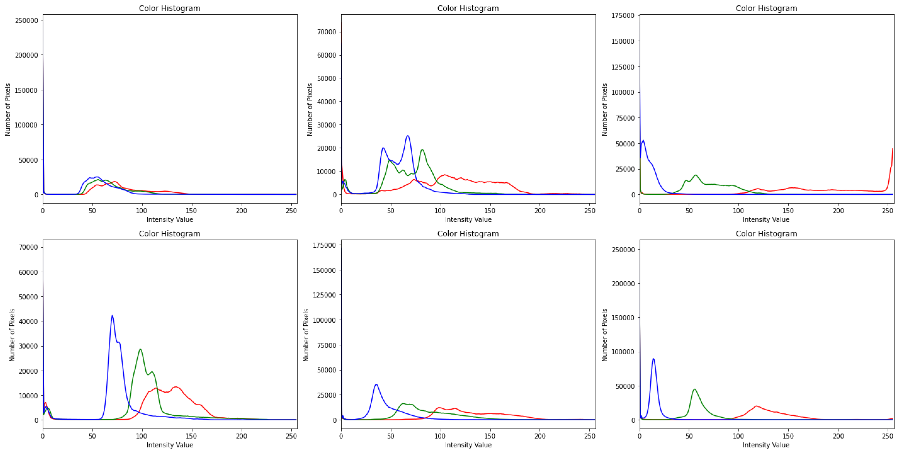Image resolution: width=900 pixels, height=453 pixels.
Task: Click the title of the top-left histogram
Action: click(x=169, y=8)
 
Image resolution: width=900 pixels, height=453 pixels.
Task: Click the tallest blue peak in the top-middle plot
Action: click(x=407, y=136)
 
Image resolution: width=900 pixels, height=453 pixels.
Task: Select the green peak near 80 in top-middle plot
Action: click(x=422, y=150)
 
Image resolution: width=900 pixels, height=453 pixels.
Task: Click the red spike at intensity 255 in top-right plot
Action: click(x=892, y=150)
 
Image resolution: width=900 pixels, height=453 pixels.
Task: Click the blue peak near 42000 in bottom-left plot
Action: click(x=112, y=316)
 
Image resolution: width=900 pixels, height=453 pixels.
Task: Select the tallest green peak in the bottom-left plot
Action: click(x=140, y=349)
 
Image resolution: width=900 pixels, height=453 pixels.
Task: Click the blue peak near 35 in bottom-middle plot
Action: click(x=376, y=384)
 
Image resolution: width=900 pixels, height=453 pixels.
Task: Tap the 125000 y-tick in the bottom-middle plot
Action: click(x=325, y=295)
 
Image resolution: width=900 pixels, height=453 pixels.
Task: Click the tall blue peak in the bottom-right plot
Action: click(x=653, y=359)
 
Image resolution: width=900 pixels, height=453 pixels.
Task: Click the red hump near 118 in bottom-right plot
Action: click(x=756, y=406)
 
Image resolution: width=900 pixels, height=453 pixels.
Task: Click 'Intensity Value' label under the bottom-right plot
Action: click(x=766, y=445)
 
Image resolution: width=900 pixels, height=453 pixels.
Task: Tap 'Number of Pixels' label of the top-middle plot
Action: click(x=309, y=109)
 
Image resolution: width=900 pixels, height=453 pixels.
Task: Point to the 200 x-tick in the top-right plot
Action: click(x=838, y=210)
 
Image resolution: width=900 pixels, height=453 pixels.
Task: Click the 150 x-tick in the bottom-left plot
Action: click(x=191, y=436)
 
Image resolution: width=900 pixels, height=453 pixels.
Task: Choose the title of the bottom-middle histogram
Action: click(x=468, y=234)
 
